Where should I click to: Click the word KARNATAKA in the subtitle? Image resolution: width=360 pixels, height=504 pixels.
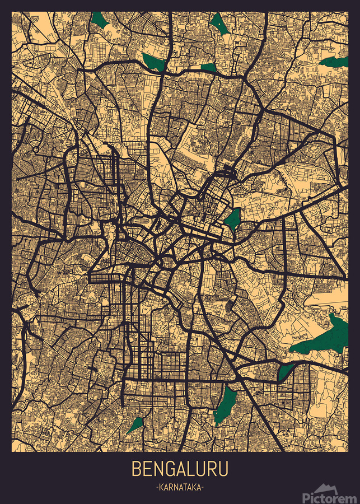pos(180,488)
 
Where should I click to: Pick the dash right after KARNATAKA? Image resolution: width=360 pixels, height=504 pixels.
pos(203,488)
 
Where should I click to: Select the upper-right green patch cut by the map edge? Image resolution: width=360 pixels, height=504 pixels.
pos(336,61)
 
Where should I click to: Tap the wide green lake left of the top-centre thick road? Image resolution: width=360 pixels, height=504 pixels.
pos(153,62)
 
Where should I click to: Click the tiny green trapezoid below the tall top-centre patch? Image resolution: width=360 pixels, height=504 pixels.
pos(208,67)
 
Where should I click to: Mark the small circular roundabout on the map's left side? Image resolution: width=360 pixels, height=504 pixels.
pos(36,150)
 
